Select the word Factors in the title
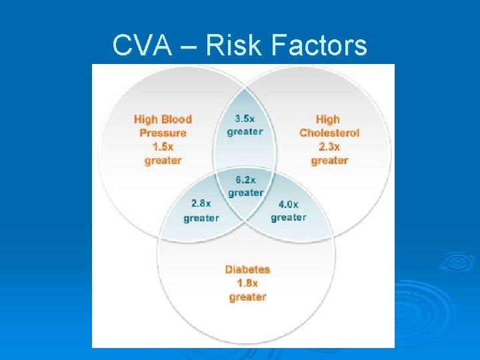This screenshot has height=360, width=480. point(321,45)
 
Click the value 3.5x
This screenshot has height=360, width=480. point(245,118)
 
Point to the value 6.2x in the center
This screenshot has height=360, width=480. point(245,180)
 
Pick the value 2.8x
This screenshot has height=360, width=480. point(201,204)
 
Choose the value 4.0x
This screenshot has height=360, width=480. point(289,204)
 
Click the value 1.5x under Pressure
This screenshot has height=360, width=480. point(163,146)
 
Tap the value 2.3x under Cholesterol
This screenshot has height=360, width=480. point(329,147)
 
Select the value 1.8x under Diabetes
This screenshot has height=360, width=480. point(247,283)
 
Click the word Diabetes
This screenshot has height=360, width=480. point(247,269)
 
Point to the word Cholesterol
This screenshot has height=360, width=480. point(329,133)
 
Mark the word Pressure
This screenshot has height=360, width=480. point(163,133)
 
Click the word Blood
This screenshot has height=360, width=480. point(176,119)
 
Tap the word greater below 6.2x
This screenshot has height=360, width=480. point(245,193)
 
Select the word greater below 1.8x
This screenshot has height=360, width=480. point(247,297)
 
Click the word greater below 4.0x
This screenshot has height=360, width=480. point(289,217)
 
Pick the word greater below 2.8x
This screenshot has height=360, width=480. point(201,218)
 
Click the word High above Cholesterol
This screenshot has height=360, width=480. point(328,119)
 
